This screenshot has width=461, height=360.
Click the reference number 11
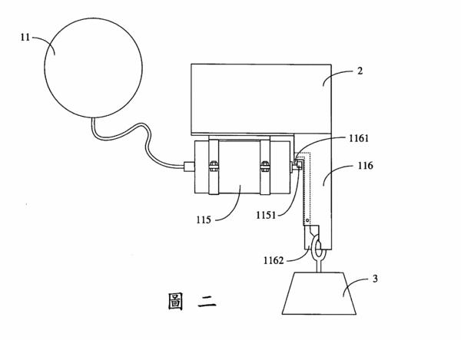(x=25, y=38)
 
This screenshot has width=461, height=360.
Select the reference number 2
(x=360, y=71)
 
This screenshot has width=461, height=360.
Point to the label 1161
(x=359, y=138)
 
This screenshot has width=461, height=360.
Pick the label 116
(x=365, y=166)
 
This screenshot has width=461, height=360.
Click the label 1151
(x=266, y=215)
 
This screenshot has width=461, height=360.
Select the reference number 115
(x=204, y=220)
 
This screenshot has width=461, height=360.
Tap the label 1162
(x=274, y=260)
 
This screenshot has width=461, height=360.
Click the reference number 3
(x=375, y=279)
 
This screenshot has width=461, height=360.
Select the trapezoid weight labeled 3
(x=320, y=293)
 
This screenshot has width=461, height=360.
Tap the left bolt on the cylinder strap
(x=213, y=167)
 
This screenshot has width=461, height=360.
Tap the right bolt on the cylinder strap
(x=264, y=167)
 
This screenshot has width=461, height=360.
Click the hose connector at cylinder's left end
(x=189, y=167)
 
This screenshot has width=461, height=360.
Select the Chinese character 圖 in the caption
(x=175, y=301)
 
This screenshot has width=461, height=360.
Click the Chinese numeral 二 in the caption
(x=207, y=301)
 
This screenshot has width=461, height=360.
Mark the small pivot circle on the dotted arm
(x=307, y=220)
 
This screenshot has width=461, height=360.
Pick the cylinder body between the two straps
(x=239, y=167)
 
